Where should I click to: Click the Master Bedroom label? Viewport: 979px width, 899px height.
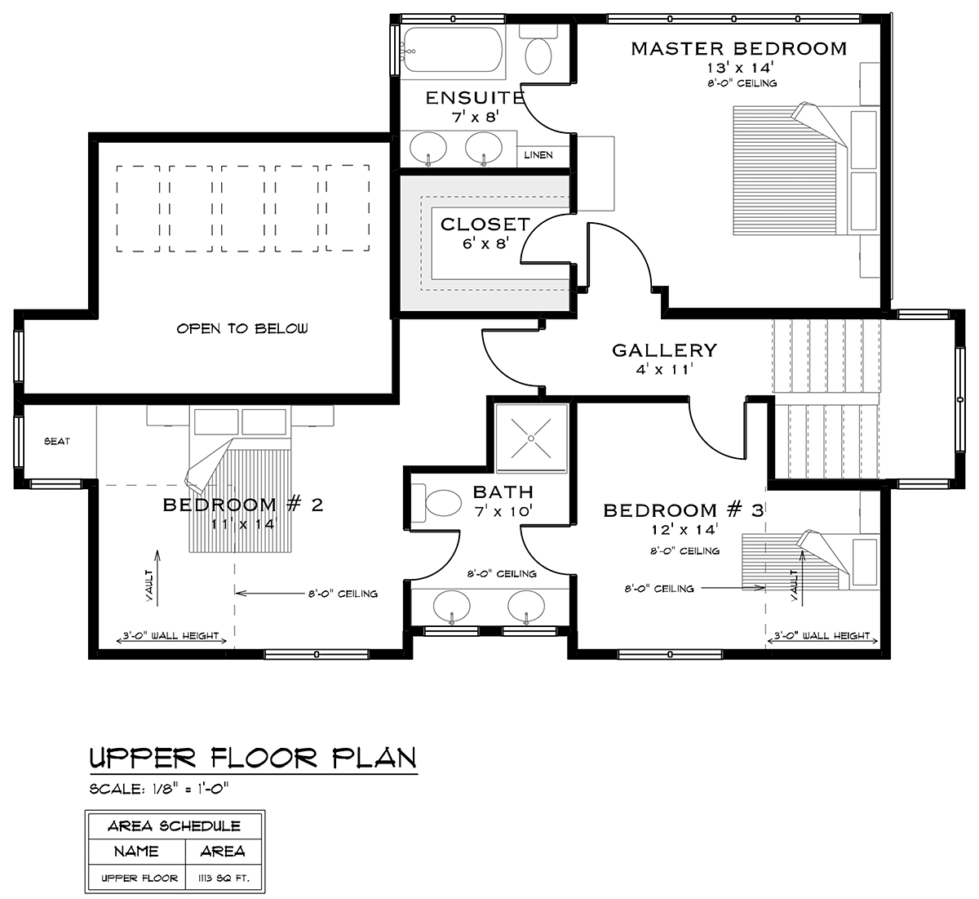pos(738,49)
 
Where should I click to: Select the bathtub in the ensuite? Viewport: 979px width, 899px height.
pos(452,51)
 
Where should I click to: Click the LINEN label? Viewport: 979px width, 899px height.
pos(538,155)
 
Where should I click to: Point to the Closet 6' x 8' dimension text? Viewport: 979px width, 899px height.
pos(485,243)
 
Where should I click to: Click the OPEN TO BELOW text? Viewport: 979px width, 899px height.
pos(242,328)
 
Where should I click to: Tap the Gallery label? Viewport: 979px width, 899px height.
pos(664,349)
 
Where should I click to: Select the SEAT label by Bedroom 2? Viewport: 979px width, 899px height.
pos(57,441)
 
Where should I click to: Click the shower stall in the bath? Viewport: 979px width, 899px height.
pos(531,438)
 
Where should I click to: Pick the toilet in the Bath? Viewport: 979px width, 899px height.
pos(437,502)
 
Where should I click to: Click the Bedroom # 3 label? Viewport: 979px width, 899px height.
pos(684,510)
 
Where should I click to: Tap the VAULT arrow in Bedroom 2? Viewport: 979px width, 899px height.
pos(157,578)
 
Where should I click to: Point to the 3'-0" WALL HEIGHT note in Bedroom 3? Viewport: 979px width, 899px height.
pos(822,636)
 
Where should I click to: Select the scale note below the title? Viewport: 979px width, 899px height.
pos(159,789)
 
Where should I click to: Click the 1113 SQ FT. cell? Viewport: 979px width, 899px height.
pos(224,878)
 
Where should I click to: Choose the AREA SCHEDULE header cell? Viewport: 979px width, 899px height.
pos(175,826)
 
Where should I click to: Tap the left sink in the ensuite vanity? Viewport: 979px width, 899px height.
pos(428,147)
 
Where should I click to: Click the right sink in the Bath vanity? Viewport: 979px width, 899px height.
pos(526,606)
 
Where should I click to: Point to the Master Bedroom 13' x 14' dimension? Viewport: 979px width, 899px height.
pos(740,68)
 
